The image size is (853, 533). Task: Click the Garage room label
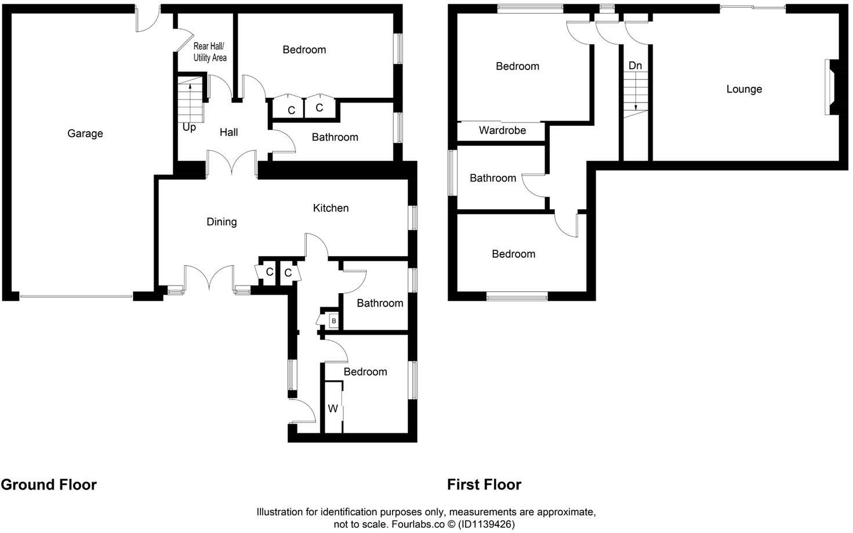tap(85, 134)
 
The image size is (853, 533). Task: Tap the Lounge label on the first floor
tap(744, 89)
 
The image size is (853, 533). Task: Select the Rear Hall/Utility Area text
tap(209, 52)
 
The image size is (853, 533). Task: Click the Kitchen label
tap(331, 208)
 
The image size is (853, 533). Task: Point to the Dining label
tap(222, 222)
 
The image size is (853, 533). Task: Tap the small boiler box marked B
tap(333, 321)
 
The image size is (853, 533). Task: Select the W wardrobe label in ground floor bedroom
tap(333, 409)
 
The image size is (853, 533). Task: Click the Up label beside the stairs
tap(189, 127)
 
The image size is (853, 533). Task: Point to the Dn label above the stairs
tap(635, 65)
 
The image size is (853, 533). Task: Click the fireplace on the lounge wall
tap(830, 88)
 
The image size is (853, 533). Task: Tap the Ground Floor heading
tap(49, 485)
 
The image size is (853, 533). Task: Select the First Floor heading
tap(484, 485)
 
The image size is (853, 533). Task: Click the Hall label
tap(228, 133)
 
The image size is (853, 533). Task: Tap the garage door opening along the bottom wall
tap(77, 297)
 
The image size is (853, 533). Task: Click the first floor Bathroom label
tap(492, 178)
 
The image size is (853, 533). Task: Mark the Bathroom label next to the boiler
tap(380, 304)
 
